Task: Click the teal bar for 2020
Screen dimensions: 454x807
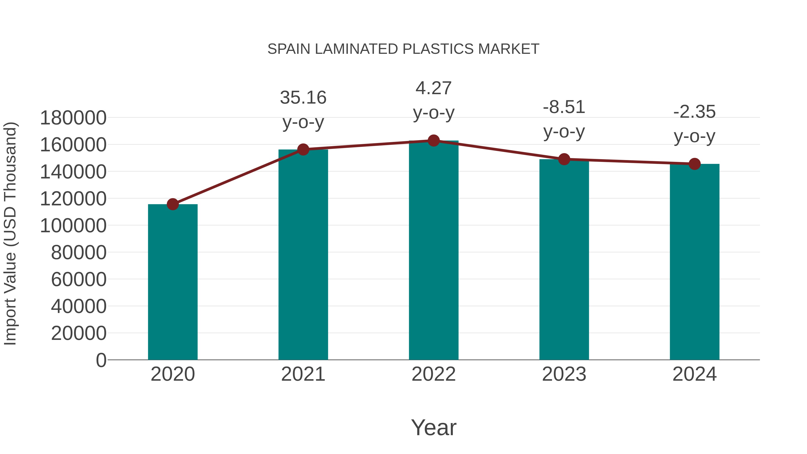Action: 173,282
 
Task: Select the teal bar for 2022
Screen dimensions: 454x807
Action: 434,251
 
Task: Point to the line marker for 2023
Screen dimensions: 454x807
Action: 564,159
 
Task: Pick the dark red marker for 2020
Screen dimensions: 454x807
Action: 173,204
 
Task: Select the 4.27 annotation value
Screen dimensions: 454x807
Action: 433,88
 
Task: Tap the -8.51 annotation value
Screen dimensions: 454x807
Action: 564,107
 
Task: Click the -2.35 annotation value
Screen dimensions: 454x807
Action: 694,112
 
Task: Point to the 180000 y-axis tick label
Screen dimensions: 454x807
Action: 73,118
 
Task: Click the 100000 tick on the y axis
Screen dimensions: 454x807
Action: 73,226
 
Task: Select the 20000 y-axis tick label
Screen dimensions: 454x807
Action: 79,333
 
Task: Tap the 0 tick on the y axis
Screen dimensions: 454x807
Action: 101,360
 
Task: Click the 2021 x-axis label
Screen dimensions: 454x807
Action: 303,374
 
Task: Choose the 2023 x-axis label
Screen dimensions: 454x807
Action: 564,374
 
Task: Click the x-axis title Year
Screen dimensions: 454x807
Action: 434,427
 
